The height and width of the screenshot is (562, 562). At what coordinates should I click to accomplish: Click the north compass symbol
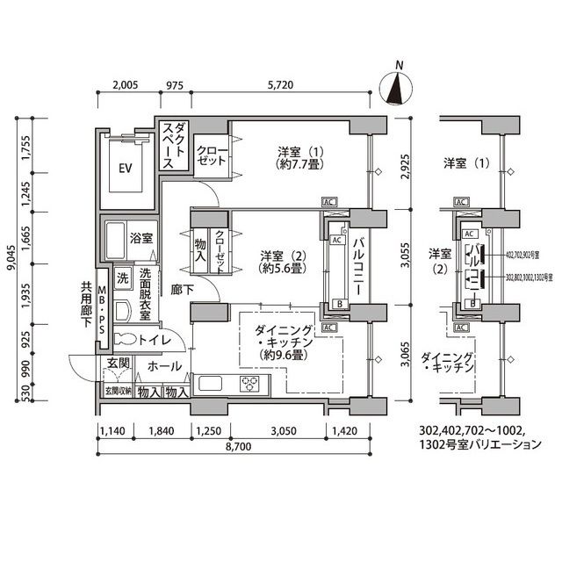pos(399,88)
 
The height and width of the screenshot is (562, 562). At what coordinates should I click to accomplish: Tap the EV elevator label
pos(126,168)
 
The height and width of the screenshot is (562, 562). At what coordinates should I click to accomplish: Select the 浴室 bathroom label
pos(141,238)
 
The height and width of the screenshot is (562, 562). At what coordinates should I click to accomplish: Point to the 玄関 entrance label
pos(119,363)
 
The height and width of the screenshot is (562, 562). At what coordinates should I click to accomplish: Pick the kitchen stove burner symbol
pos(250,383)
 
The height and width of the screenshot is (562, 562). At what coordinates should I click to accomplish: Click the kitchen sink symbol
pos(212,383)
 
